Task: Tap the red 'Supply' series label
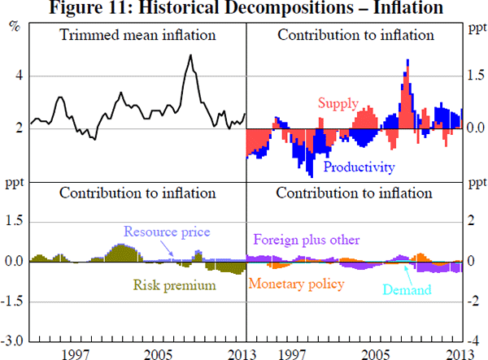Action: (x=338, y=103)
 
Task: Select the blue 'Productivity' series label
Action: (x=359, y=167)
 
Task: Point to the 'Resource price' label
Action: (x=165, y=232)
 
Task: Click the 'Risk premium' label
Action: (x=174, y=285)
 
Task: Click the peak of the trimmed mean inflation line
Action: (x=190, y=55)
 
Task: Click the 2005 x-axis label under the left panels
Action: (x=159, y=353)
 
